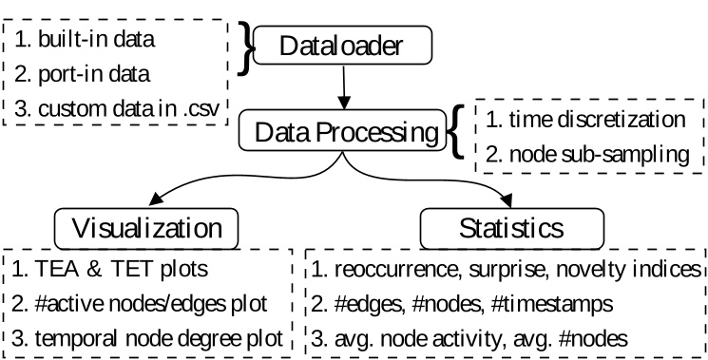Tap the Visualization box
(x=152, y=229)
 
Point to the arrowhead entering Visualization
(x=151, y=202)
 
